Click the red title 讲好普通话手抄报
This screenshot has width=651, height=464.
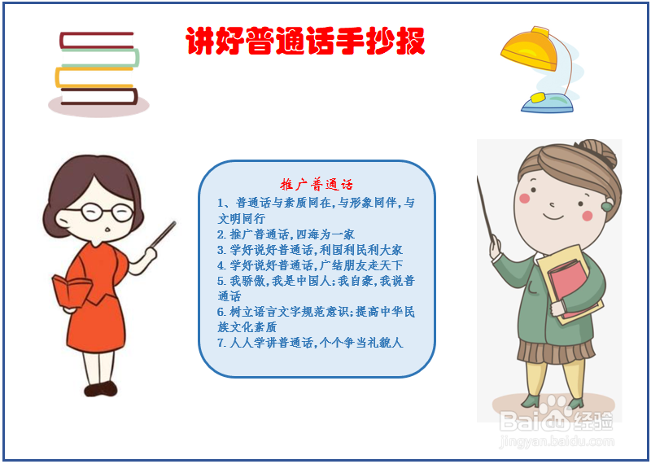305,41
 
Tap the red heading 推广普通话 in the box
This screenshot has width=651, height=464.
317,184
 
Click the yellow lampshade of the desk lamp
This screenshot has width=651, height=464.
530,48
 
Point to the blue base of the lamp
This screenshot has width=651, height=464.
547,103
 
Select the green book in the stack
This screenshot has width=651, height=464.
99,58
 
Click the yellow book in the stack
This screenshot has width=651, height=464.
94,77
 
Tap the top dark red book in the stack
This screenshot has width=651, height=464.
97,40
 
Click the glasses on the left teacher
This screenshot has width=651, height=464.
107,212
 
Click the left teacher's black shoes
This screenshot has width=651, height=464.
101,389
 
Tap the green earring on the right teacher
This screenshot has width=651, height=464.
606,206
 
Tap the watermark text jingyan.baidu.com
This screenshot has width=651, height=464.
557,440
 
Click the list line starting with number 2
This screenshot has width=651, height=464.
286,234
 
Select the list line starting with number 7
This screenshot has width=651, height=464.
310,343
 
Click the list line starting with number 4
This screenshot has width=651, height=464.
310,265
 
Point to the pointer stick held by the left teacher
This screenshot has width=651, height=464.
162,235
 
